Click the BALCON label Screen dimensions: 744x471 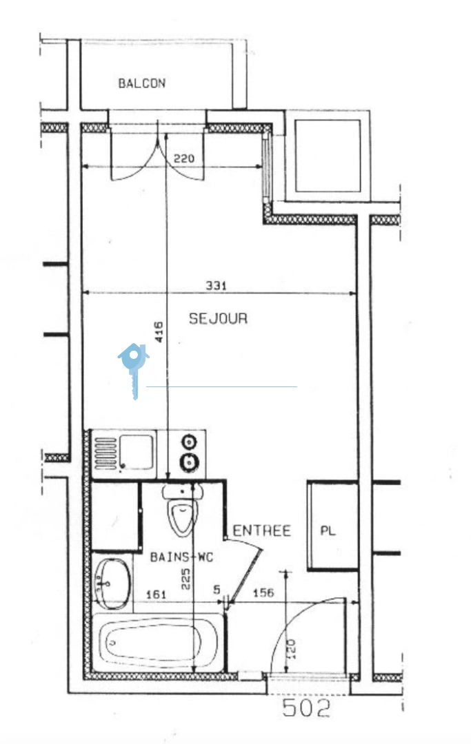pyautogui.click(x=141, y=83)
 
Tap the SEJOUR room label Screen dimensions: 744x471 pyautogui.click(x=218, y=318)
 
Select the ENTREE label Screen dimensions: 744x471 pyautogui.click(x=261, y=530)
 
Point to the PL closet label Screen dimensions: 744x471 pyautogui.click(x=328, y=531)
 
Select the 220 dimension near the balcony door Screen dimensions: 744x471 pyautogui.click(x=184, y=158)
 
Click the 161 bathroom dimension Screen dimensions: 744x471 pyautogui.click(x=157, y=592)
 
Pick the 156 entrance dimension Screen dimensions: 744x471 pyautogui.click(x=265, y=592)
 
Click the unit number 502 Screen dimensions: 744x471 pyautogui.click(x=306, y=707)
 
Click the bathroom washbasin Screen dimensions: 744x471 pyautogui.click(x=111, y=583)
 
